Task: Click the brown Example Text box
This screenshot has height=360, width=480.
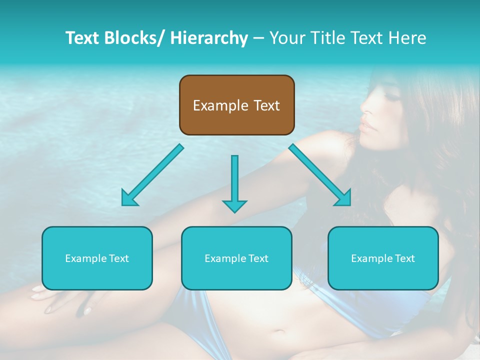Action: coord(236,105)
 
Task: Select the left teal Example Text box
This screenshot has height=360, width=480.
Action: coord(97,258)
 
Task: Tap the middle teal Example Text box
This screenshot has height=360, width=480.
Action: coord(236,258)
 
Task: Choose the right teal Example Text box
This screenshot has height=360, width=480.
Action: coord(383,258)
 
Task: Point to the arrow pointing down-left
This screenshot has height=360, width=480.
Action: coord(152,175)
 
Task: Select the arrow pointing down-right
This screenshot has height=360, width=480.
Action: coord(320,175)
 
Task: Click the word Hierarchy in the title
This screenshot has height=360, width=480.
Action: coord(209,38)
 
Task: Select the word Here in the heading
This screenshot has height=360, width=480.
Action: coord(408,38)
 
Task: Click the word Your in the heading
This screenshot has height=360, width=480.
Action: coord(285,38)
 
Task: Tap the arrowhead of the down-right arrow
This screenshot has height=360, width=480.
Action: coord(344,198)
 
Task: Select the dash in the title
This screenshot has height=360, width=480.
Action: coord(259,38)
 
